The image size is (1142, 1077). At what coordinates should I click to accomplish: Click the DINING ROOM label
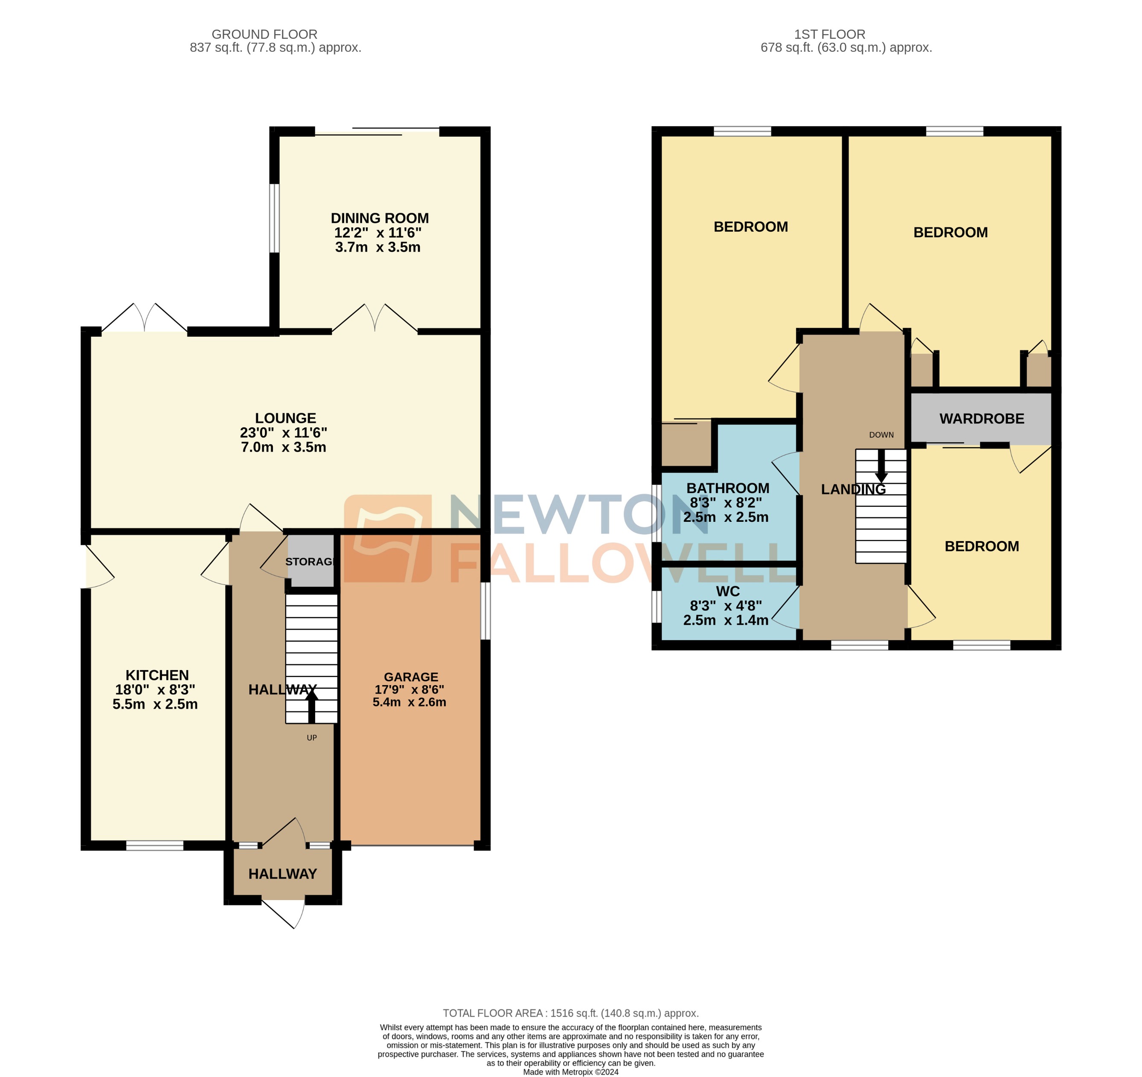click(x=379, y=218)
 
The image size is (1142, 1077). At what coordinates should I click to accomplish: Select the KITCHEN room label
click(x=157, y=675)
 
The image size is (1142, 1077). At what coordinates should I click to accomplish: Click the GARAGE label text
click(x=411, y=677)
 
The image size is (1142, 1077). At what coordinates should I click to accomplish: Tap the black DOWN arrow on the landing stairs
click(x=881, y=467)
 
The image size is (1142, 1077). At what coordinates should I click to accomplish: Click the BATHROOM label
click(x=727, y=488)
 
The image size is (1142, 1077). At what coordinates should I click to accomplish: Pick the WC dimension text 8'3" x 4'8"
click(x=726, y=606)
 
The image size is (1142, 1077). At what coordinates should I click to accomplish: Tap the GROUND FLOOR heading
click(x=264, y=35)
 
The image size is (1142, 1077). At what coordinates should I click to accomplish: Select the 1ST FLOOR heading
click(x=829, y=35)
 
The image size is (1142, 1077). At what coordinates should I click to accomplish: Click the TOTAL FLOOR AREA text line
click(x=571, y=1013)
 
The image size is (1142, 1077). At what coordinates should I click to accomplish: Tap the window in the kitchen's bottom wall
click(x=155, y=845)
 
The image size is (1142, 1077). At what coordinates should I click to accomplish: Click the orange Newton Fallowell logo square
click(x=387, y=538)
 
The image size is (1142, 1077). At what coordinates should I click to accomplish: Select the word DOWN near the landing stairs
click(x=881, y=435)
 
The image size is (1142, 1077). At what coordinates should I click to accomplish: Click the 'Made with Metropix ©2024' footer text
click(x=571, y=1072)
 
